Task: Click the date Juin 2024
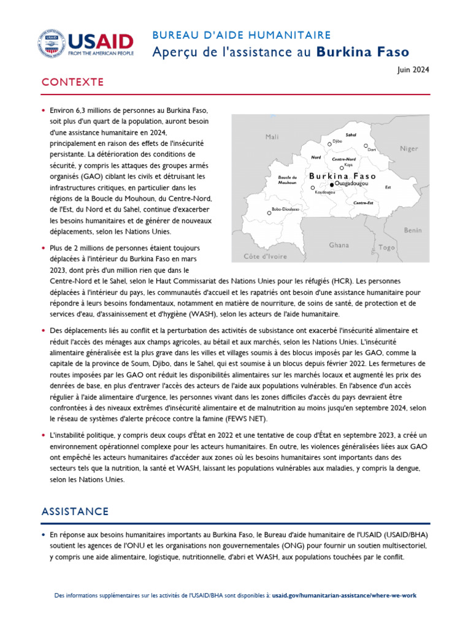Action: pos(414,70)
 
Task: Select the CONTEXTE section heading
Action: pos(72,83)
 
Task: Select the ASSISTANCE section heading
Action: pos(75,511)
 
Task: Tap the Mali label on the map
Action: pos(272,137)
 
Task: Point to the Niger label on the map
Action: pos(408,148)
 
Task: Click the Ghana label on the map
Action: pos(339,245)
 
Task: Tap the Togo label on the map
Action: pos(386,247)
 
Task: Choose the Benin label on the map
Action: pos(412,230)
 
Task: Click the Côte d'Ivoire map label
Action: pos(265,256)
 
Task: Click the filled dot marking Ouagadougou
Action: pos(332,184)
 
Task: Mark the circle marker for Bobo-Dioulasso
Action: pos(269,213)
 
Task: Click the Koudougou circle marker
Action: pos(313,188)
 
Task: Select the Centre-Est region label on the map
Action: pos(364,202)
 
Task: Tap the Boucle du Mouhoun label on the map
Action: pos(287,180)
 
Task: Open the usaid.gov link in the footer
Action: pos(345,595)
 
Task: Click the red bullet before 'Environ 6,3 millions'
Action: pos(44,111)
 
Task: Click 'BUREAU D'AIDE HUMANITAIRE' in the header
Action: pos(242,36)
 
